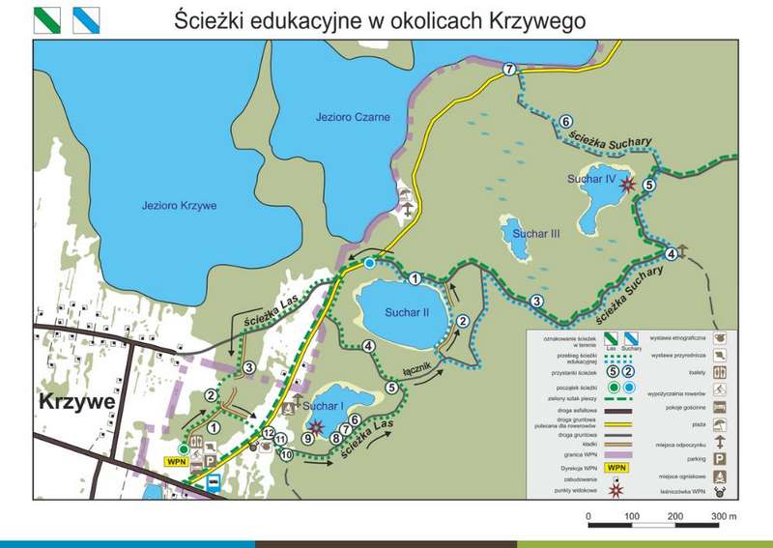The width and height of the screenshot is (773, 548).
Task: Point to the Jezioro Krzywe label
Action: (x=178, y=206)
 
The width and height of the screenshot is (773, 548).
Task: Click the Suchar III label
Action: (x=536, y=233)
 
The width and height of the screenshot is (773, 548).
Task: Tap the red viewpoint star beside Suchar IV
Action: (x=629, y=183)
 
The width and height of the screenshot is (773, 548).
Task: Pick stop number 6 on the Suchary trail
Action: (x=564, y=122)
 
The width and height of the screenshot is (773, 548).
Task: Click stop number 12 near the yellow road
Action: (x=269, y=434)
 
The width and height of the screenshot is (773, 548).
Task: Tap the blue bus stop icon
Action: (x=217, y=478)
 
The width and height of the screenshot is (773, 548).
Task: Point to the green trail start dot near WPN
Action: (x=183, y=448)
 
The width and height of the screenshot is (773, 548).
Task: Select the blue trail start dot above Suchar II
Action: (x=369, y=263)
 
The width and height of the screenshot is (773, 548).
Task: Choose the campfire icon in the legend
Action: (x=720, y=475)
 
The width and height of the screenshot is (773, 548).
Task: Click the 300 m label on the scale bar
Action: (x=724, y=517)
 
